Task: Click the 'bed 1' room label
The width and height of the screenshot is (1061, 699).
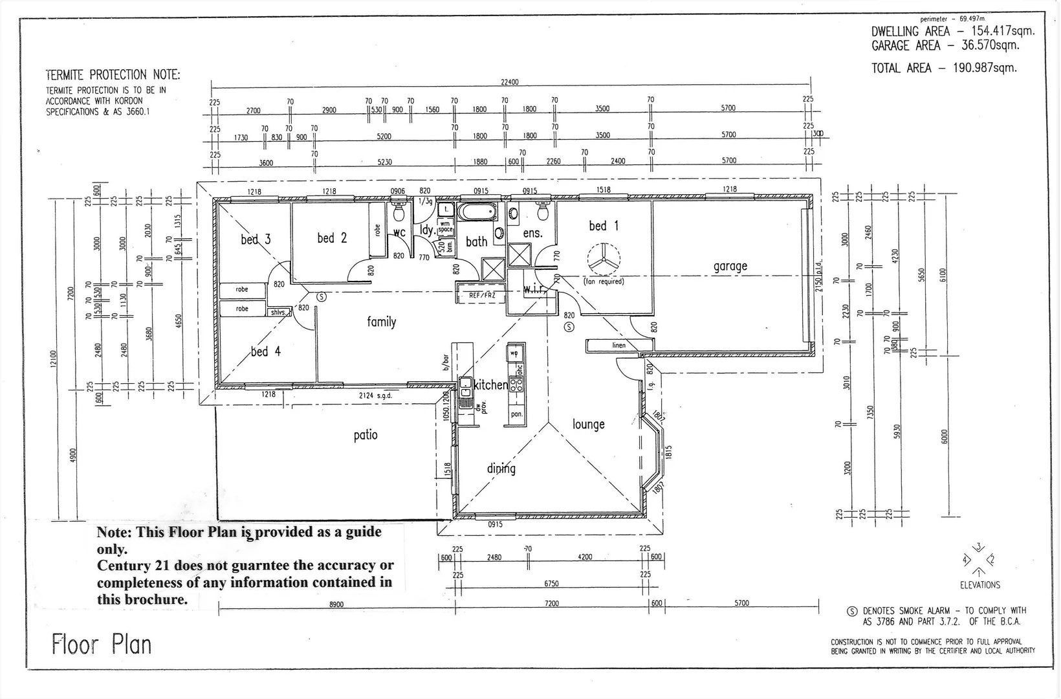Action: pyautogui.click(x=603, y=226)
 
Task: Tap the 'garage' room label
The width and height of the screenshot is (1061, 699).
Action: pyautogui.click(x=730, y=266)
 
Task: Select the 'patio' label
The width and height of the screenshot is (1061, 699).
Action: pyautogui.click(x=365, y=435)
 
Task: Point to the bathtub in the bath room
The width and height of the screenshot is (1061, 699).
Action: pyautogui.click(x=477, y=212)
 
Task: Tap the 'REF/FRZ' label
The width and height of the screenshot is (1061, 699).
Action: pyautogui.click(x=481, y=296)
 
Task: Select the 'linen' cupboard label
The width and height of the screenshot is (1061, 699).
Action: pyautogui.click(x=618, y=346)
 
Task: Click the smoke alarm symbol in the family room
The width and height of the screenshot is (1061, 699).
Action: pyautogui.click(x=322, y=297)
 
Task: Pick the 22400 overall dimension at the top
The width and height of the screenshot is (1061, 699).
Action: pyautogui.click(x=509, y=82)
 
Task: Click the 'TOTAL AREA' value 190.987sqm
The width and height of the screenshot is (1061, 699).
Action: pyautogui.click(x=985, y=68)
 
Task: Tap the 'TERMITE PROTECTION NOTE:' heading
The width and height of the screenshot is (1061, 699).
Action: pyautogui.click(x=113, y=75)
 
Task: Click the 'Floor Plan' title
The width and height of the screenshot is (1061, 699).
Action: pyautogui.click(x=102, y=645)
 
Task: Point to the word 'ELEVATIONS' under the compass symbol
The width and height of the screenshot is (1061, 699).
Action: pyautogui.click(x=979, y=585)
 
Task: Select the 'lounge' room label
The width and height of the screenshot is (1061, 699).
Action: pyautogui.click(x=588, y=425)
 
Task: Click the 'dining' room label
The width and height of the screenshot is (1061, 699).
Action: pyautogui.click(x=501, y=469)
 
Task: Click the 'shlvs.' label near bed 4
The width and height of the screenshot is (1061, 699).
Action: pyautogui.click(x=278, y=312)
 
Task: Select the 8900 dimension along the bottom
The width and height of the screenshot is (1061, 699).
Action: pyautogui.click(x=336, y=604)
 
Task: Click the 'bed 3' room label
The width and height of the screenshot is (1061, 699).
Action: pyautogui.click(x=256, y=239)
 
